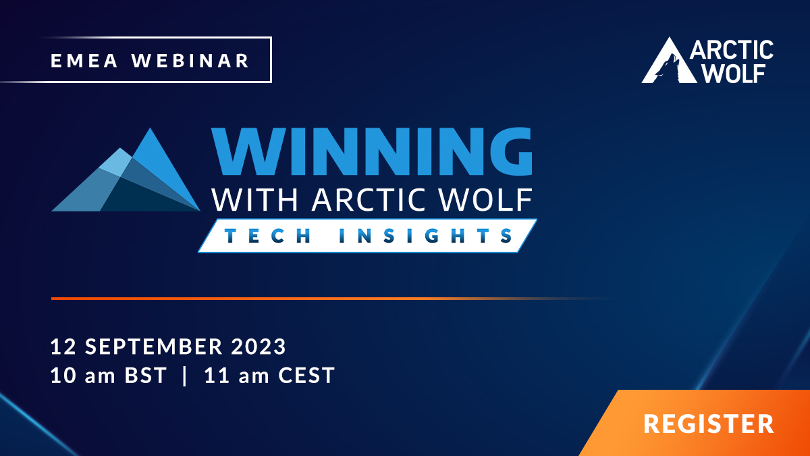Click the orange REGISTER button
pyautogui.click(x=708, y=424)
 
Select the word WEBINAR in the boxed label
pyautogui.click(x=190, y=60)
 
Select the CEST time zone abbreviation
pyautogui.click(x=306, y=376)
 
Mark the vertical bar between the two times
pyautogui.click(x=185, y=376)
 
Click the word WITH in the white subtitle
pyautogui.click(x=243, y=199)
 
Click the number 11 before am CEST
pyautogui.click(x=215, y=376)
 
